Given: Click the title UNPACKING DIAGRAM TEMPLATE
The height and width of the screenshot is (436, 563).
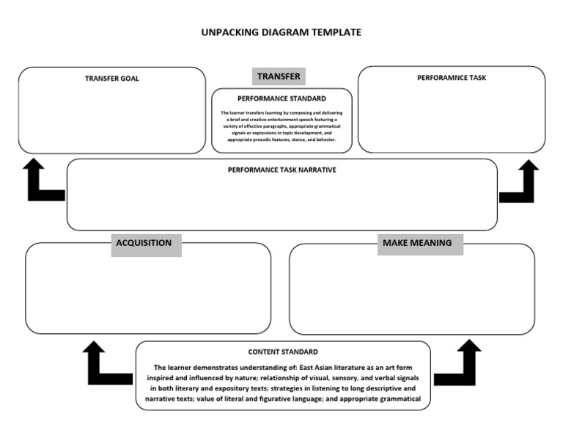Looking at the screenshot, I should coord(281,32).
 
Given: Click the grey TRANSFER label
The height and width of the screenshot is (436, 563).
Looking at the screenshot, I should coord(279,76).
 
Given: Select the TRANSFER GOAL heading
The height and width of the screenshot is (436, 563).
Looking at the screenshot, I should coord(111,78).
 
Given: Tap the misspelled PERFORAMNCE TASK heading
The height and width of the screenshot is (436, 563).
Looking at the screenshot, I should coord(452,77).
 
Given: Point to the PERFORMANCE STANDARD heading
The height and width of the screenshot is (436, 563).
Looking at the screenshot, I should coord(281,98).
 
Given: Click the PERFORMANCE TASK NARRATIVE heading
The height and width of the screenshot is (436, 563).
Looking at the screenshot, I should coord(281,170).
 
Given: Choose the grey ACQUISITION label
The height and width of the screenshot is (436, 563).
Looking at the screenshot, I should coord(144,243).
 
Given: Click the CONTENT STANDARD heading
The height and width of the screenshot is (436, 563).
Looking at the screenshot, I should coord(283,352).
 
